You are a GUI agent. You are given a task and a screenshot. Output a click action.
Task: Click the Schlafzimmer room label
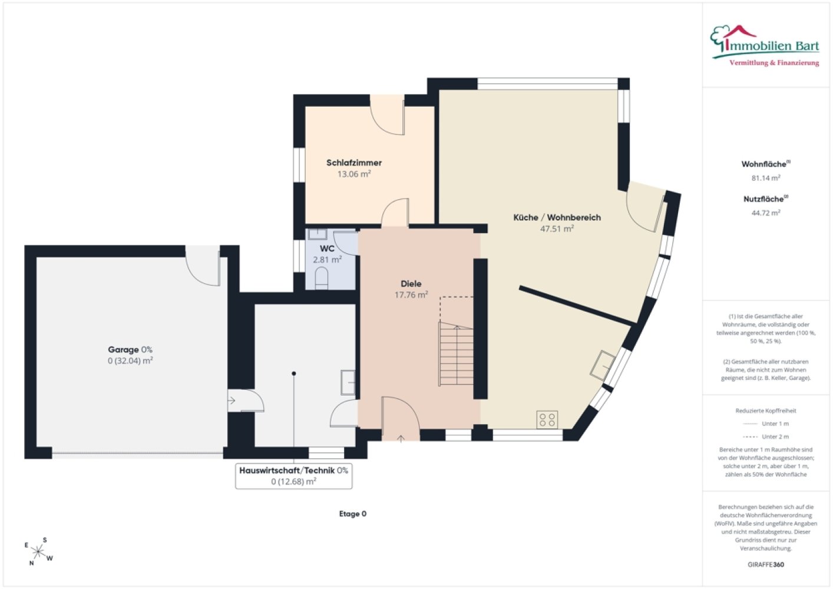click(x=354, y=163)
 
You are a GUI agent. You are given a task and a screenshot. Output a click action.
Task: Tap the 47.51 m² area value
click(x=557, y=229)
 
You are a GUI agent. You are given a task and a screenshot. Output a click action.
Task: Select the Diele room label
click(x=411, y=284)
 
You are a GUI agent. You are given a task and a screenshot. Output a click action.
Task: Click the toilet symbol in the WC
click(x=322, y=279)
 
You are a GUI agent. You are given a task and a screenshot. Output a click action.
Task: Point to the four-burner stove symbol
click(x=547, y=419)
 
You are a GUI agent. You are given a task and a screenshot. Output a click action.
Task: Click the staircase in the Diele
click(x=456, y=353)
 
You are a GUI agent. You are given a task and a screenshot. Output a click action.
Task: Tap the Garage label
click(x=124, y=349)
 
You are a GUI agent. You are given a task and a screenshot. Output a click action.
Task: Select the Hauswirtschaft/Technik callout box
click(x=294, y=476)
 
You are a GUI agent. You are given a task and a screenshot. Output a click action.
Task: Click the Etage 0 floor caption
click(x=352, y=514)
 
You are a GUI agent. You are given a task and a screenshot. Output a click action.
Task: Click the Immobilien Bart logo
click(x=765, y=46)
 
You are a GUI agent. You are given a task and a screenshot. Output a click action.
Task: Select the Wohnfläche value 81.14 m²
click(x=766, y=178)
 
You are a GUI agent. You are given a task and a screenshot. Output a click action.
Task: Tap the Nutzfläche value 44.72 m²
click(x=766, y=213)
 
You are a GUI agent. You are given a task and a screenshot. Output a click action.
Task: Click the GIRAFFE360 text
click(x=766, y=564)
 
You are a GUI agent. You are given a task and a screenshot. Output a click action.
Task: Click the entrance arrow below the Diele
click(x=401, y=439)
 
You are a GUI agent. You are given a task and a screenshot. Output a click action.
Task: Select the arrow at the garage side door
click(x=232, y=401)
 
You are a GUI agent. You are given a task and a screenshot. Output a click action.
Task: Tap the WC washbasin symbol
click(x=317, y=234)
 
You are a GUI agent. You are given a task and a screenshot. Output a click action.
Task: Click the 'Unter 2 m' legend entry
click(x=765, y=436)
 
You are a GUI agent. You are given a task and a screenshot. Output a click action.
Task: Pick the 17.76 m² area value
click(x=411, y=295)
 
